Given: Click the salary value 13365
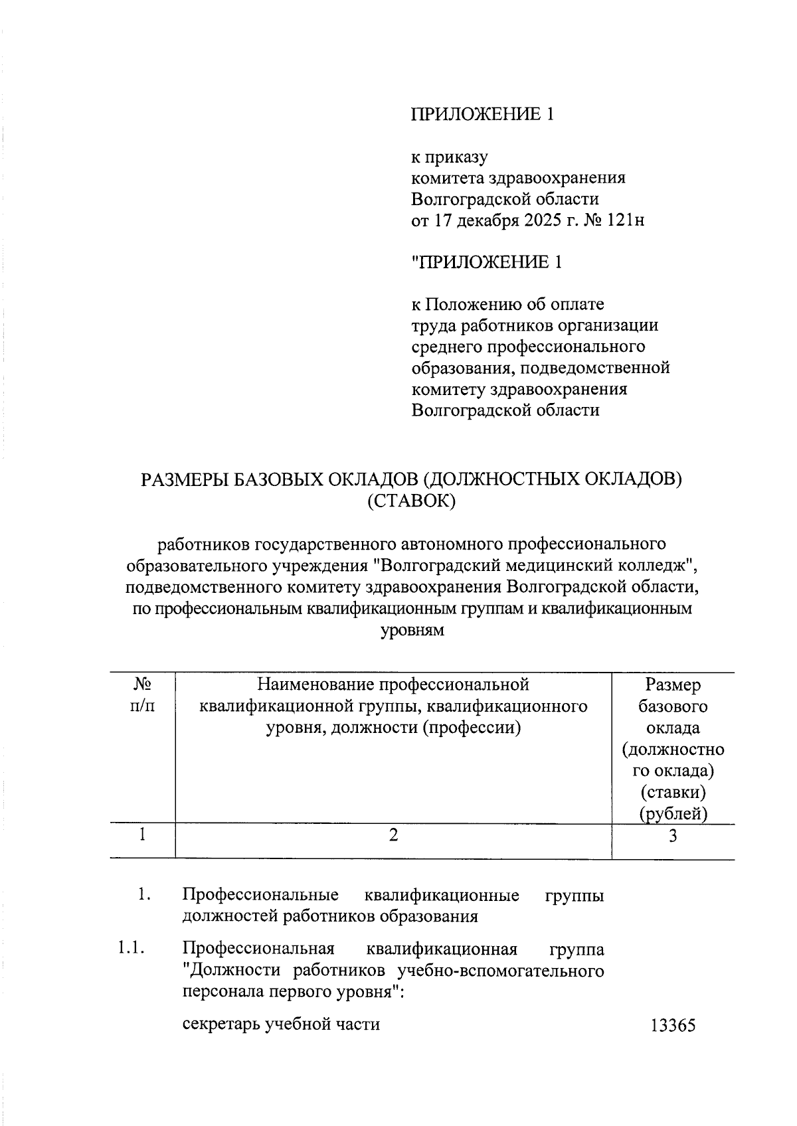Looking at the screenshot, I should click(673, 1026).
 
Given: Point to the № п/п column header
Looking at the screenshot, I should click(142, 695).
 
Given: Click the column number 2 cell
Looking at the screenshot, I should click(393, 836).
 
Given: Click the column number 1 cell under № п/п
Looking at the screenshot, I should click(142, 835).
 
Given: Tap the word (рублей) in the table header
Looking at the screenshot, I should click(673, 813).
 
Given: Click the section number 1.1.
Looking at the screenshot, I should click(130, 949).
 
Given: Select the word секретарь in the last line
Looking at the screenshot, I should click(221, 1024).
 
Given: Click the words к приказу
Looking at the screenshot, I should click(450, 157).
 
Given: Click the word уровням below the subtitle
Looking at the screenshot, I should click(411, 630).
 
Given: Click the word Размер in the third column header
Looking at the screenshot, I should click(673, 684).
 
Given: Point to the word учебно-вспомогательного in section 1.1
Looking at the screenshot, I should click(500, 971).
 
